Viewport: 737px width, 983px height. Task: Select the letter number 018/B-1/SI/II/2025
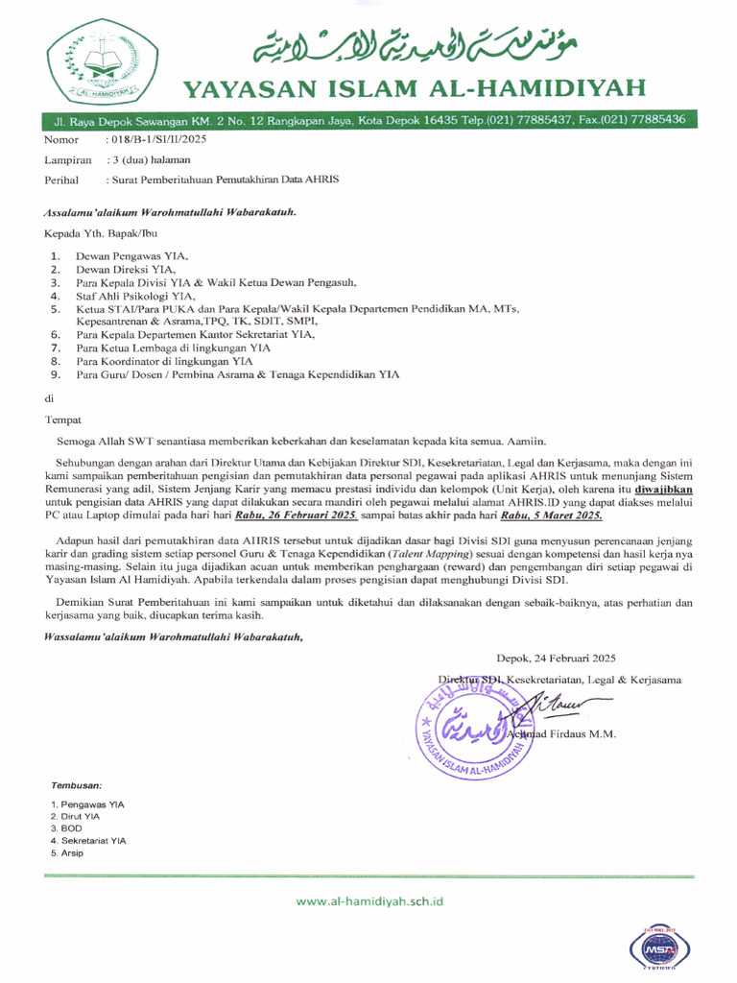click(x=159, y=140)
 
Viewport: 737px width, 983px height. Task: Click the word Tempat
click(x=62, y=419)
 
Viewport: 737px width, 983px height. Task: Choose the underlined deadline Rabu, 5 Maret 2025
click(x=545, y=515)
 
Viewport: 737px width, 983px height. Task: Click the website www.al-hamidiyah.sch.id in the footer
click(x=369, y=901)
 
